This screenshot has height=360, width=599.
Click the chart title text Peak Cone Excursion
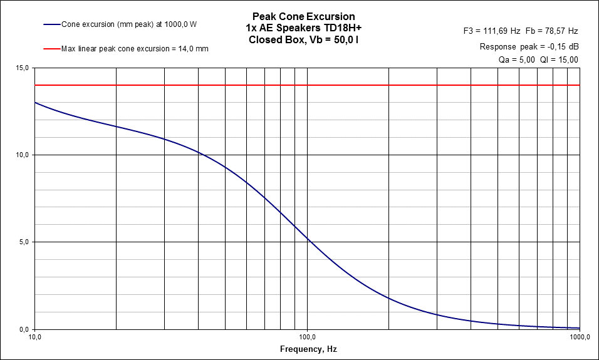[303, 16]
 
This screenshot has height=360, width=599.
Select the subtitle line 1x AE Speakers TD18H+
[303, 28]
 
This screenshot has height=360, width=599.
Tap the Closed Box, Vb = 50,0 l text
[303, 39]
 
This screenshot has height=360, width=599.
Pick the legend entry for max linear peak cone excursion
[135, 48]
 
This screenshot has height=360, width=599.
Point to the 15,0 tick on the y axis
[23, 68]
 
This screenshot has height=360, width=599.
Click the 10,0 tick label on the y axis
[23, 155]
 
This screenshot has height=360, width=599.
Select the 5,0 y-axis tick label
[25, 242]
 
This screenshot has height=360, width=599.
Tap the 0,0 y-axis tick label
[25, 329]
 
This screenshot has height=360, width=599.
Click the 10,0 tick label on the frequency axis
[36, 337]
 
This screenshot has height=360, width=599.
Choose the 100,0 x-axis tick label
[308, 337]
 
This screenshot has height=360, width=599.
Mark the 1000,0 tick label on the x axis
[580, 337]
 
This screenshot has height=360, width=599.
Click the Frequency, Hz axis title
[308, 349]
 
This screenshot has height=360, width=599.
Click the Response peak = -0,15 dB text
[529, 46]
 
